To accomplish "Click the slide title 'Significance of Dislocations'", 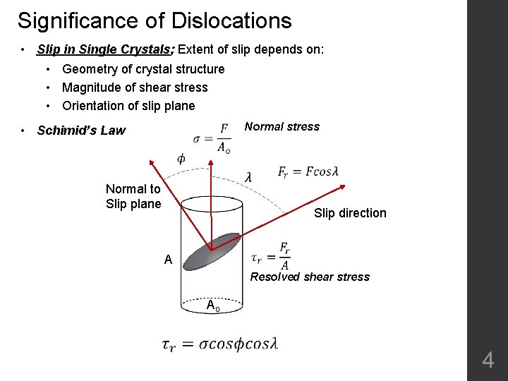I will [155, 20].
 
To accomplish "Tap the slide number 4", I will [488, 361].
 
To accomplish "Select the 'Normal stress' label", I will [282, 127].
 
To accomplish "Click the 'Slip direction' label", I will [350, 213].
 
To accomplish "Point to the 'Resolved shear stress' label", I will [310, 277].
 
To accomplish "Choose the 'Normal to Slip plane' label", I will [133, 196].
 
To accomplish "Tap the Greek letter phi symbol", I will [181, 159].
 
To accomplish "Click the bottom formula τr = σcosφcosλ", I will [219, 344].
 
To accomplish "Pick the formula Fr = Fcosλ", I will [308, 172].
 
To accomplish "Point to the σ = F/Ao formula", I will [212, 138].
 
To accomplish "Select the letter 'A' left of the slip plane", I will [168, 260].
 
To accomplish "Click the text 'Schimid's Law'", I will [81, 130].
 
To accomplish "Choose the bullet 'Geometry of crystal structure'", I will [143, 69].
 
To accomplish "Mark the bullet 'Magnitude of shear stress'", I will [135, 87].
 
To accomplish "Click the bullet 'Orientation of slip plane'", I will [128, 106].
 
